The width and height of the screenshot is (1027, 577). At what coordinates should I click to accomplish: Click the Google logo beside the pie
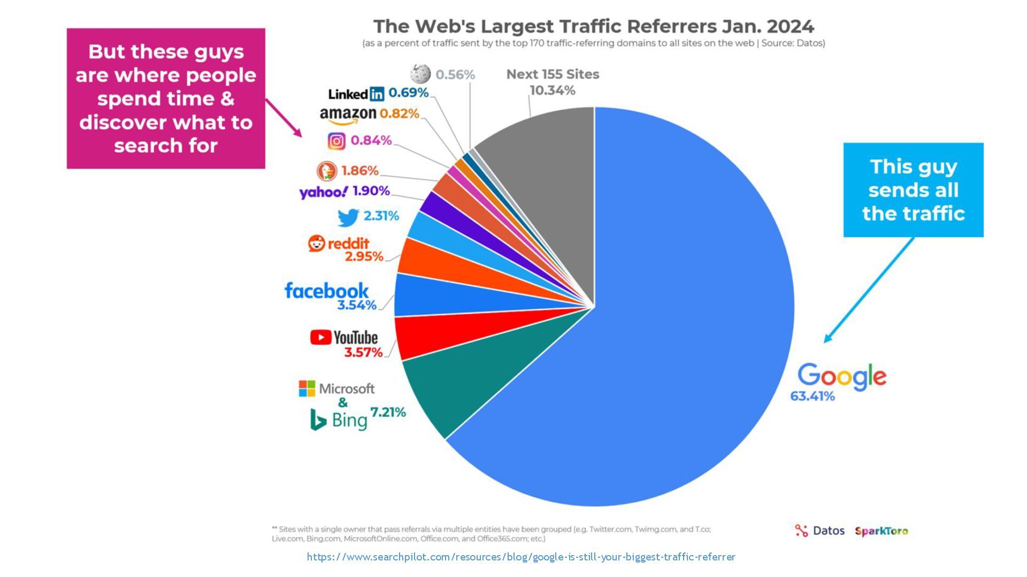pos(841,377)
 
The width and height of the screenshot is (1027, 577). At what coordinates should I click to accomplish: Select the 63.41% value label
pos(812,396)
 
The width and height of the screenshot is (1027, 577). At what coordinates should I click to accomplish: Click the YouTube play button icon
pos(320,337)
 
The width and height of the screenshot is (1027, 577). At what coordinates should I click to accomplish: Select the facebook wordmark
pos(326,291)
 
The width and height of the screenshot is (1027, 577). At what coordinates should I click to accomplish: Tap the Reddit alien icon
pos(317,244)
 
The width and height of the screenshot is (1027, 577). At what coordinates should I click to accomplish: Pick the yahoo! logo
pos(323,192)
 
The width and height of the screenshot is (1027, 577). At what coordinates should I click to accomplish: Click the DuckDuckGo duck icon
pos(326,171)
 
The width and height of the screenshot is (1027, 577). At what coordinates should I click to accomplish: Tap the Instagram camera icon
pos(336,141)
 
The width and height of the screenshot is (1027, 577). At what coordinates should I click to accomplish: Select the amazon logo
pos(348,114)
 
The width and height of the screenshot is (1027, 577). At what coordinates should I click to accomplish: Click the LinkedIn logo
pos(356,94)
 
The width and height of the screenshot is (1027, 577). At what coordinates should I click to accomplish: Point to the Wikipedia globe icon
pos(420,74)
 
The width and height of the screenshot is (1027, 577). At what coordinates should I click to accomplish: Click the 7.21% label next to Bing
pos(388,412)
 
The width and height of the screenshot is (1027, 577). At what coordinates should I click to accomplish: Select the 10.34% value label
pos(552,91)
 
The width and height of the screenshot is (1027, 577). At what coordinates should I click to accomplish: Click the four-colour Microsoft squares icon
pos(307,388)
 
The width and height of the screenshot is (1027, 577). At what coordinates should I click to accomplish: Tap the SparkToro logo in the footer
pos(881,531)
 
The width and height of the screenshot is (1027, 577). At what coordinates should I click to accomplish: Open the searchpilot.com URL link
pos(521,557)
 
